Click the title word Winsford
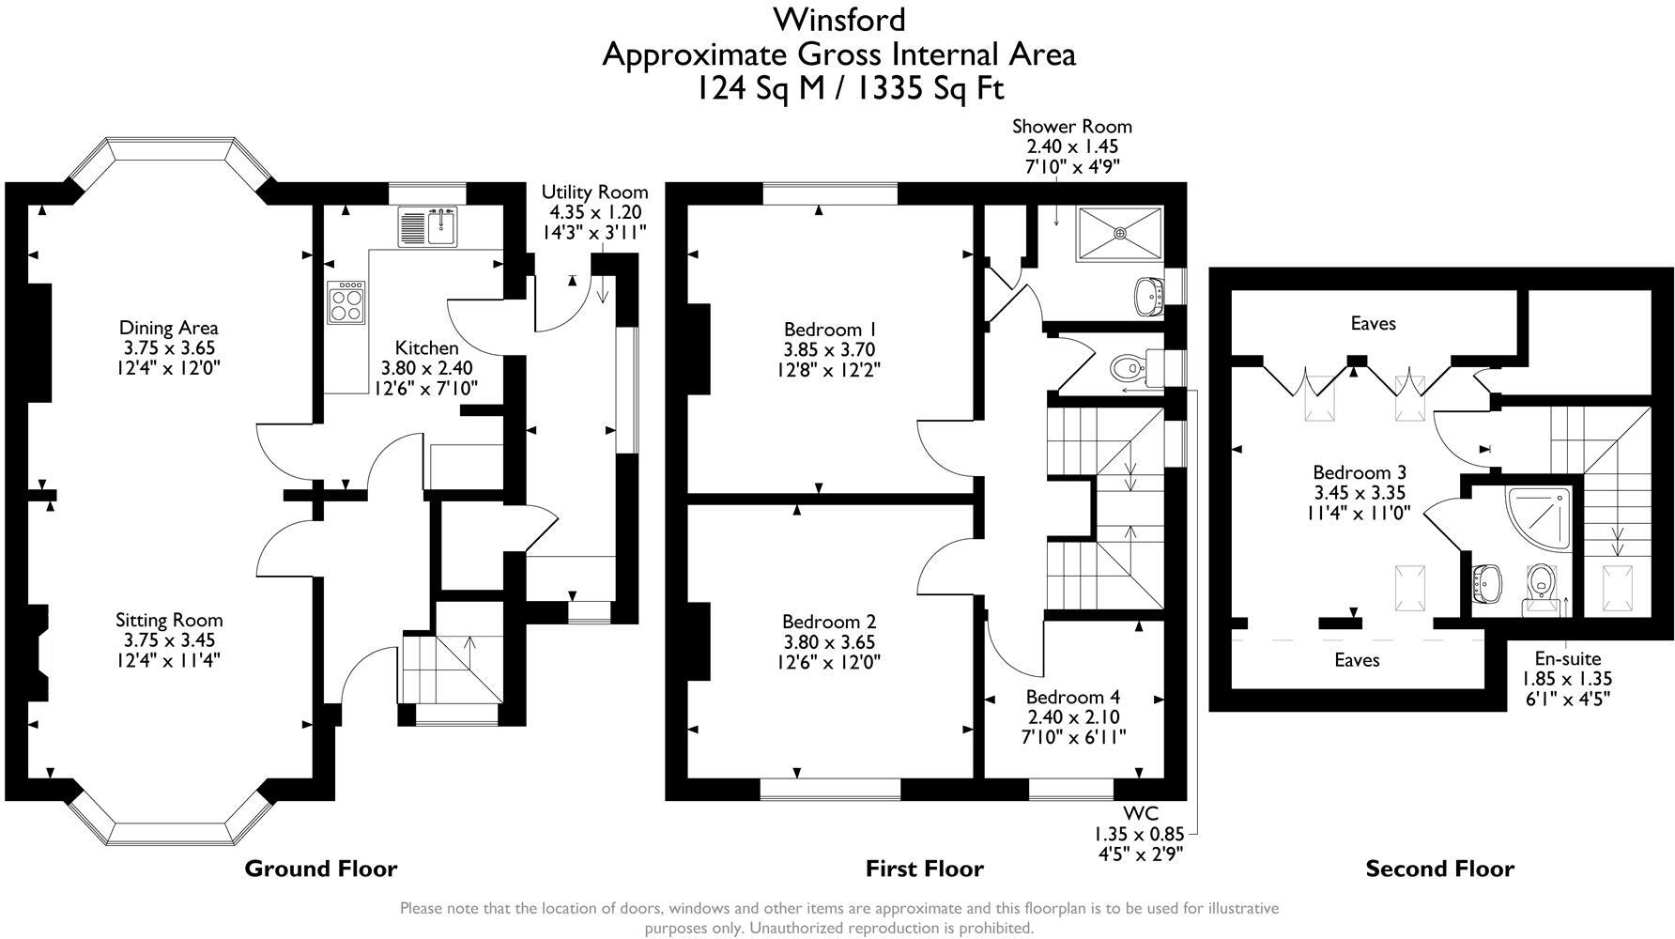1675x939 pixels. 838,19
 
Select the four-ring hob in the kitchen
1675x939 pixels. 346,302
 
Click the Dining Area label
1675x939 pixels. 169,328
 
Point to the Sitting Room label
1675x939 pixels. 169,620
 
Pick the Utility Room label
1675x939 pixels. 594,192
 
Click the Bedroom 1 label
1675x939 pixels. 830,330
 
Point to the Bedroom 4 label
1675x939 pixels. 1072,697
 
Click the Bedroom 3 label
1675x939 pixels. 1360,472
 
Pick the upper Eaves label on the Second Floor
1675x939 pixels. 1373,324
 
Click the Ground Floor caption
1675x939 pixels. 321,869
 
